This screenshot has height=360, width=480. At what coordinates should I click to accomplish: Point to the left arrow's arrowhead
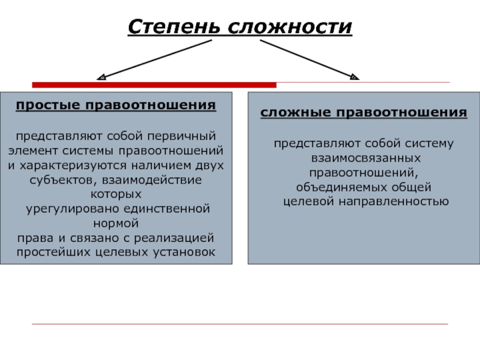coord(101,77)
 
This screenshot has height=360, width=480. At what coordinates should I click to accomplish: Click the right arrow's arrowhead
coord(355,77)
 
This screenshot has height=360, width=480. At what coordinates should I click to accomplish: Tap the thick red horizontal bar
coord(154,85)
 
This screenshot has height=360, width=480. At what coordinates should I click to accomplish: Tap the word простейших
coord(53,252)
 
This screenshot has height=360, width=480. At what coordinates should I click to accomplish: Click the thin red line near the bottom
coord(240,324)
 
